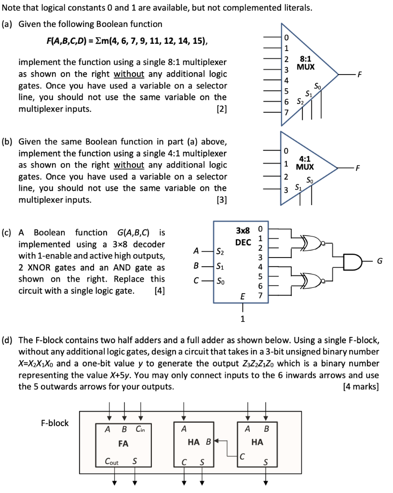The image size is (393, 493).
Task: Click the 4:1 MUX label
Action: [305, 162]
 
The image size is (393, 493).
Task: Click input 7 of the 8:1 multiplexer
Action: [285, 112]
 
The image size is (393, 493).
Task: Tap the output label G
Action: [380, 261]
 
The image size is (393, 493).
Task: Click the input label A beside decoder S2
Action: [195, 251]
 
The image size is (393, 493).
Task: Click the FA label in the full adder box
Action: [123, 443]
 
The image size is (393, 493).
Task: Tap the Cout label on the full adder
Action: [112, 462]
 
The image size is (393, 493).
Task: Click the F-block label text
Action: [54, 423]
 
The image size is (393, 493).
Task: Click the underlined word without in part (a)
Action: [129, 74]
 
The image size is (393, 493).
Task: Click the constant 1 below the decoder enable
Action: [243, 318]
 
